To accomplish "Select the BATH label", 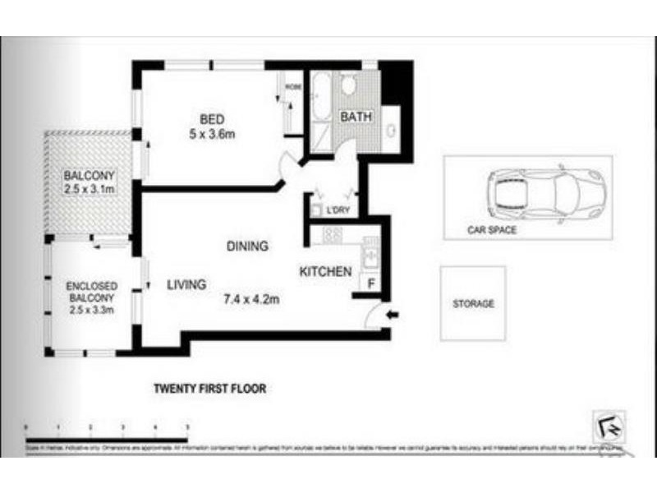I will point(356,117).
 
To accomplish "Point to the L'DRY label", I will point(338,211).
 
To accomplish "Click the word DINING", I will point(249,246).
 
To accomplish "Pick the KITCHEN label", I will point(325,271).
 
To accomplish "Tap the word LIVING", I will point(186,285).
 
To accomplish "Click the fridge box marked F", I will point(370,284).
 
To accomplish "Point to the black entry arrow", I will point(392,314).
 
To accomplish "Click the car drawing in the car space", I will point(545,194).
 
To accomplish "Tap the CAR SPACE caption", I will point(492,230).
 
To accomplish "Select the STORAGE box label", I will point(474,304).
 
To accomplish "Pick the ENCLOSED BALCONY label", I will point(90,291).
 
